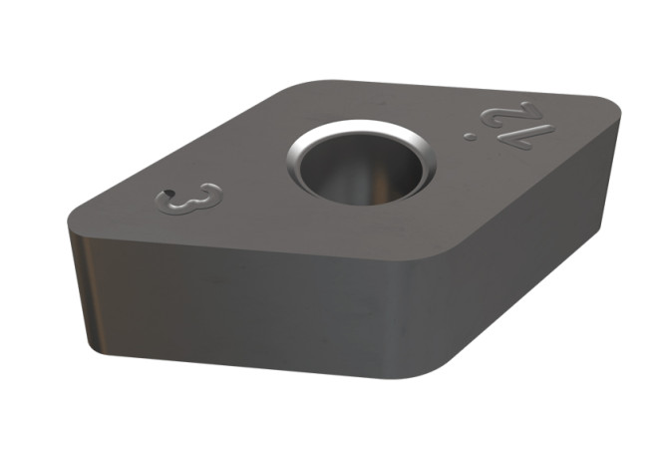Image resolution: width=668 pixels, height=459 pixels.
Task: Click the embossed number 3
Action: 188,197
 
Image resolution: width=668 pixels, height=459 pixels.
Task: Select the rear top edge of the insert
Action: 449,90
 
